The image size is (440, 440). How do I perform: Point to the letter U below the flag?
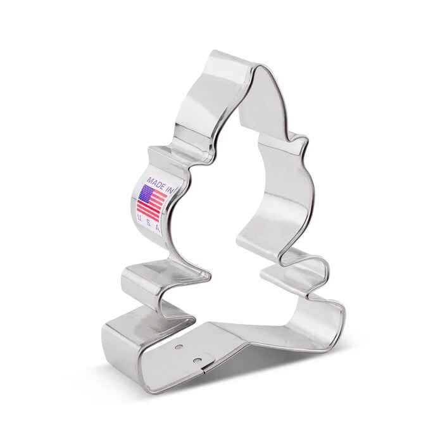139,216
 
